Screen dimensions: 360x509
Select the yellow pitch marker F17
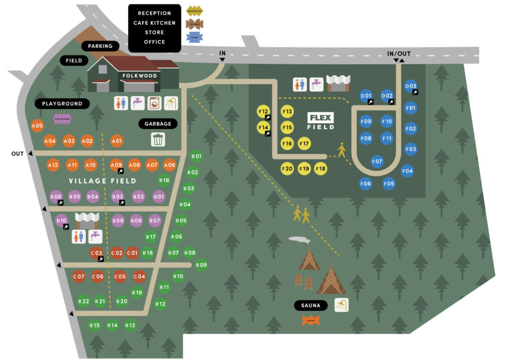click(x=305, y=144)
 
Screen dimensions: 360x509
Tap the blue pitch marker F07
click(x=377, y=162)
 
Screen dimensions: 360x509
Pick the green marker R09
click(x=201, y=265)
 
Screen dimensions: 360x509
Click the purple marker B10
click(x=62, y=220)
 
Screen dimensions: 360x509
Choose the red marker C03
click(x=96, y=253)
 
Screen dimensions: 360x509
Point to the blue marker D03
click(x=411, y=86)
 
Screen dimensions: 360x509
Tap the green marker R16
click(x=164, y=180)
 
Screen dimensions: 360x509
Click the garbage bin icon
click(x=158, y=139)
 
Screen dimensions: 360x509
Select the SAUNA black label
click(x=311, y=305)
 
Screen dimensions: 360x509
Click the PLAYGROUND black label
click(x=62, y=104)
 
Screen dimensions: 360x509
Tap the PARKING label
click(x=100, y=46)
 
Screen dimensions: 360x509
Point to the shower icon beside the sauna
click(x=341, y=305)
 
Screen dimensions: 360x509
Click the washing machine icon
click(x=154, y=103)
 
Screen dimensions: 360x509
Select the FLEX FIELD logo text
click(x=321, y=121)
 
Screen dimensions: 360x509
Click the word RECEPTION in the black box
click(x=155, y=13)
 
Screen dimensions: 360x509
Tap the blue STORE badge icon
click(x=194, y=36)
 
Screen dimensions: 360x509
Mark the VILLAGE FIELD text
click(x=102, y=181)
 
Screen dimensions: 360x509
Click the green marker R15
click(x=94, y=326)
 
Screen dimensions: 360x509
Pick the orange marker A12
click(x=53, y=165)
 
